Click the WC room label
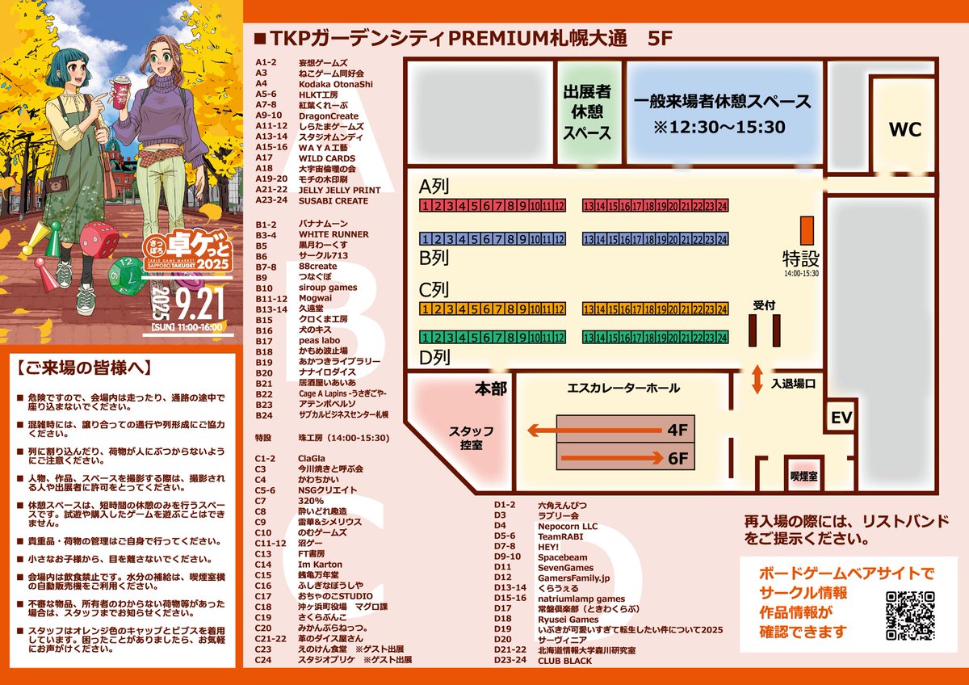[904, 130]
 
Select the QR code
[911, 616]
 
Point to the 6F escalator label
[677, 459]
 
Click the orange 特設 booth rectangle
[805, 230]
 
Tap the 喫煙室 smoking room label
[803, 477]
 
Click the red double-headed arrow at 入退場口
[757, 380]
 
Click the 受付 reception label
[764, 305]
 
